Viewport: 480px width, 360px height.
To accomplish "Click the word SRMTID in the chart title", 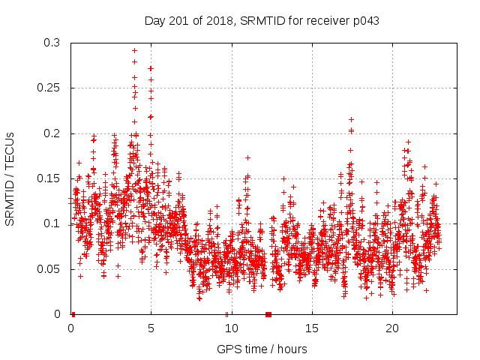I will click(x=262, y=21).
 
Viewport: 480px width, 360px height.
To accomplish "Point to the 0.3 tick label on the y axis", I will click(x=52, y=43).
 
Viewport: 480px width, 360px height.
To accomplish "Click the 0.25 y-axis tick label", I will click(x=49, y=88).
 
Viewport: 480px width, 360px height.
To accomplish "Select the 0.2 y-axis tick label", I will click(x=52, y=133).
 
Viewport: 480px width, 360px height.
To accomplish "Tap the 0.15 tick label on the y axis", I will click(x=49, y=178).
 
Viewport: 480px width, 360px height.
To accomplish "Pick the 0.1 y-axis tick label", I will click(x=52, y=223).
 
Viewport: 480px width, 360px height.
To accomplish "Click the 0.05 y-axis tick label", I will click(x=49, y=268).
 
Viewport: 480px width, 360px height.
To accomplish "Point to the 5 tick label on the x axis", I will click(x=151, y=328).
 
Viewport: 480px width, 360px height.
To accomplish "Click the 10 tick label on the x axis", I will click(x=231, y=328).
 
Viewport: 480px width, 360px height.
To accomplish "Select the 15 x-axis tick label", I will click(x=311, y=328).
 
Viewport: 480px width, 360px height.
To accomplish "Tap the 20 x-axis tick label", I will click(x=391, y=328).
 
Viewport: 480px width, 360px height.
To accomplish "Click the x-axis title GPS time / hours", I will click(x=262, y=349).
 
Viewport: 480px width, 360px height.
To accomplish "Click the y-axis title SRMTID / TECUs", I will click(x=10, y=178).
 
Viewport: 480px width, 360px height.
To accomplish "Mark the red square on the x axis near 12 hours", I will click(x=268, y=314).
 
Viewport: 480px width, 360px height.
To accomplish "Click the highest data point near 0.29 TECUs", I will click(x=134, y=51).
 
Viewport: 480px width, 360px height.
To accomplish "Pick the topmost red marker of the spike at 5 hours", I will click(x=151, y=68).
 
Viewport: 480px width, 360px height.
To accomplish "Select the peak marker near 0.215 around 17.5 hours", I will click(x=351, y=119).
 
